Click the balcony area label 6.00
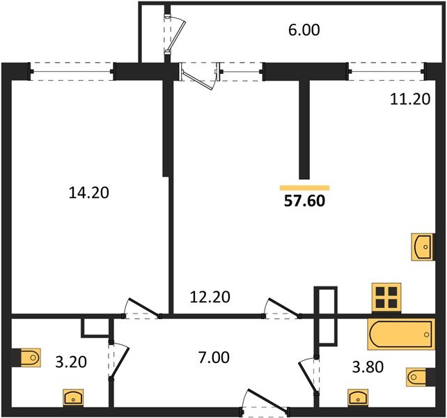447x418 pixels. tap(304, 30)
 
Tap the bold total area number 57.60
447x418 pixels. tap(304, 201)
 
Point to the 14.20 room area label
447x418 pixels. tap(89, 192)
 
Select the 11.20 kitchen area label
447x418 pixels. tap(410, 100)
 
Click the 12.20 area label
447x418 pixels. tap(210, 297)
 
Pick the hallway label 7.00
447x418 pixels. tap(214, 357)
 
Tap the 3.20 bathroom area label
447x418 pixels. tap(71, 362)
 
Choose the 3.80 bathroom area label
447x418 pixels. tap(368, 367)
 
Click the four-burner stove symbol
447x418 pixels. tap(386, 297)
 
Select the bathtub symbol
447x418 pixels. tap(401, 334)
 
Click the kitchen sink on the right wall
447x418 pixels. tap(422, 247)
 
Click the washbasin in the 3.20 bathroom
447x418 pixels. tap(73, 397)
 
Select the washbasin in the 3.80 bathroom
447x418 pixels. tap(358, 397)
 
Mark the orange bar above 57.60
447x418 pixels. tap(305, 187)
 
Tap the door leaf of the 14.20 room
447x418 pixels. tap(144, 308)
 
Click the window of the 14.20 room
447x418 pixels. tap(72, 71)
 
